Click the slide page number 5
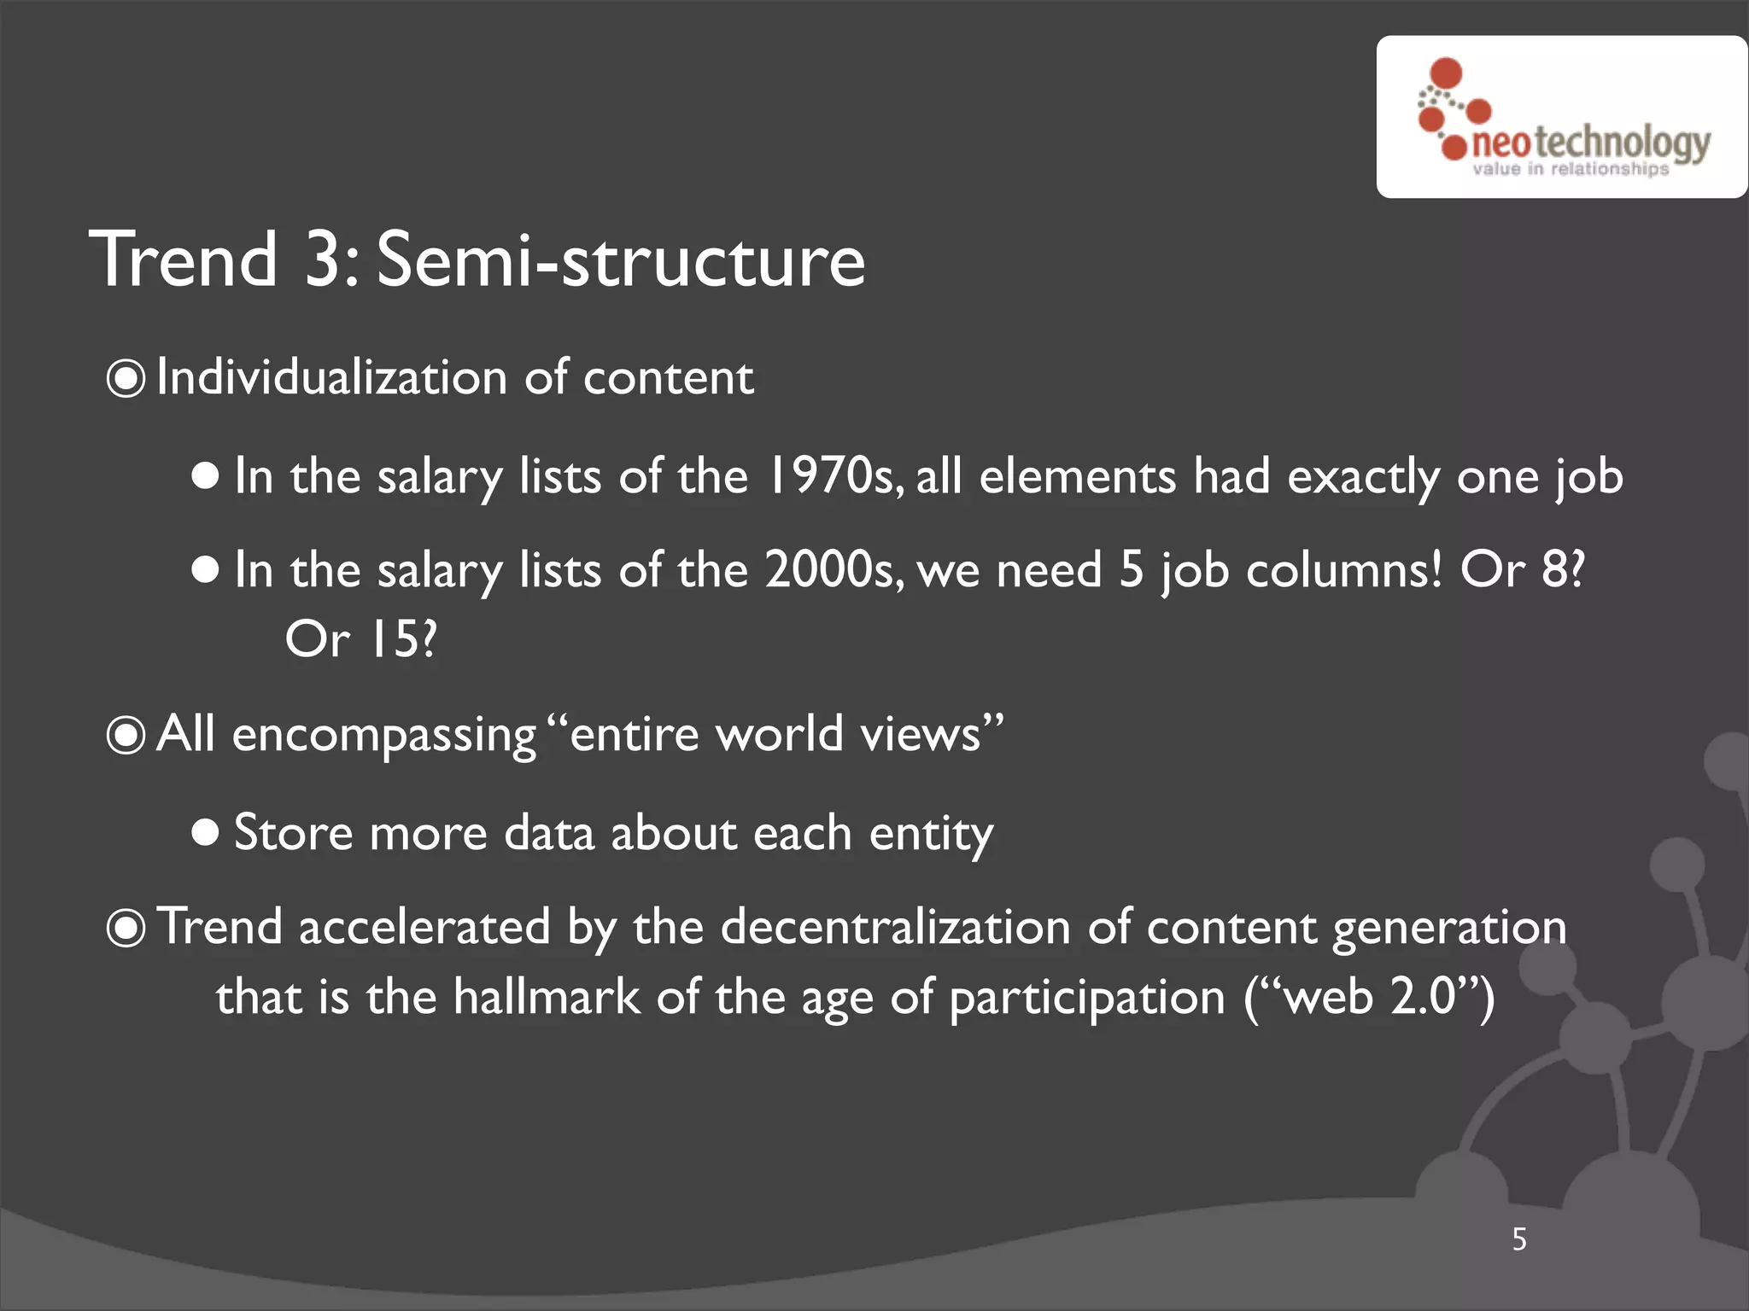(1519, 1239)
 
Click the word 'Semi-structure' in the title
(621, 259)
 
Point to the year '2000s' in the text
(834, 569)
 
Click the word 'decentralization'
(895, 927)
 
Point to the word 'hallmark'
(546, 997)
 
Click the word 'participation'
(1087, 999)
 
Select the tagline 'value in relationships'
(1570, 169)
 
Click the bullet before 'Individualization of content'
(126, 378)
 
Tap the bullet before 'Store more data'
(206, 832)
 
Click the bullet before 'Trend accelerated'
(126, 928)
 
